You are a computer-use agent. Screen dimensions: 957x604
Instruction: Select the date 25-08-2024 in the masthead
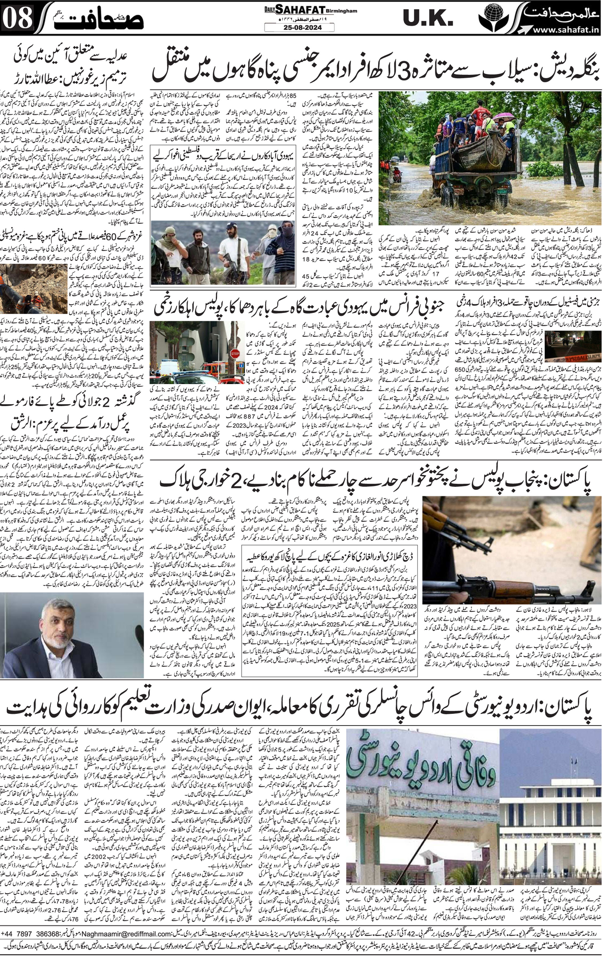299,28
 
